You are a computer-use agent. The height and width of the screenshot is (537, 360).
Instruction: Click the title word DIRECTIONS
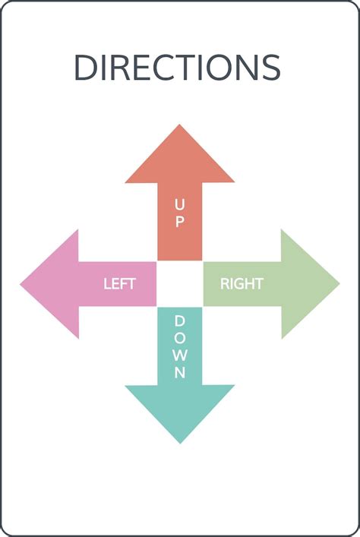[x=178, y=67]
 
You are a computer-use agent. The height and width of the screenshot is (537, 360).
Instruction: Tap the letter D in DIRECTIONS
[x=86, y=67]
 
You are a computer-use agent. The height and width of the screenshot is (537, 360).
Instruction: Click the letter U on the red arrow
[x=179, y=204]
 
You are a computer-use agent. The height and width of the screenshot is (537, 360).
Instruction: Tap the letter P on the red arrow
[x=179, y=222]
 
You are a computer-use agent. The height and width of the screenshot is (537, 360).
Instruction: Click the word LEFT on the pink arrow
[x=119, y=284]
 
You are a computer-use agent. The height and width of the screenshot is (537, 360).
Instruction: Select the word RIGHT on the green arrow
[x=242, y=284]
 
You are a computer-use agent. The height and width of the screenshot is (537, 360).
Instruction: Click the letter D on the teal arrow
[x=180, y=321]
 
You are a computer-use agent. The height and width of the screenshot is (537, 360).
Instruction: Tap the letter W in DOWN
[x=180, y=355]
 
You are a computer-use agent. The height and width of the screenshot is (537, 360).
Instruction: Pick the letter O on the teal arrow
[x=180, y=338]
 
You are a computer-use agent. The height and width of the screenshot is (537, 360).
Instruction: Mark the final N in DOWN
[x=180, y=372]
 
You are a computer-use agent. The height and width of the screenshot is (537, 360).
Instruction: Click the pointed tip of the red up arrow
[x=179, y=125]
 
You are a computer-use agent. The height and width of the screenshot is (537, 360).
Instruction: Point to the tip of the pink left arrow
[x=21, y=284]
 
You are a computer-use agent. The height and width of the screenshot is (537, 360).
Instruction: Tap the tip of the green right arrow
[x=339, y=283]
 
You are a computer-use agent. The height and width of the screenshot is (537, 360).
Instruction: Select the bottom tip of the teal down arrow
[x=180, y=443]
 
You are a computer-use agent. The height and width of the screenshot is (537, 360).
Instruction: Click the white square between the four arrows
[x=180, y=284]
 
